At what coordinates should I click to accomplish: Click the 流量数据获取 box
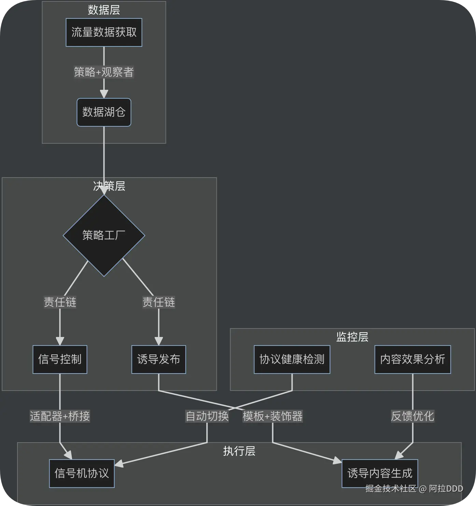click(x=104, y=32)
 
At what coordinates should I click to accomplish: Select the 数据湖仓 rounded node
click(x=104, y=112)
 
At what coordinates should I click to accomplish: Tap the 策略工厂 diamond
click(x=104, y=235)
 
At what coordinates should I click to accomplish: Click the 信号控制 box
click(x=60, y=360)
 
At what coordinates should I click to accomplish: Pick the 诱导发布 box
click(x=159, y=360)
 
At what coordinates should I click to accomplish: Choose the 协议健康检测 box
click(x=292, y=360)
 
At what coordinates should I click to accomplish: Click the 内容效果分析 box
click(x=412, y=360)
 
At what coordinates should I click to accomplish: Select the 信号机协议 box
click(x=82, y=474)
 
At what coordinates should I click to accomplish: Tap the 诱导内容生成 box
click(x=380, y=474)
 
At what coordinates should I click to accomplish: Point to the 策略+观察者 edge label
click(x=104, y=72)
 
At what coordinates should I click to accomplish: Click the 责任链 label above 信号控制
click(x=60, y=302)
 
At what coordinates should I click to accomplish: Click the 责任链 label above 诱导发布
click(x=159, y=302)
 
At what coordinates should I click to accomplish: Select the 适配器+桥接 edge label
click(x=60, y=416)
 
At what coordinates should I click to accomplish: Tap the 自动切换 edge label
click(x=207, y=416)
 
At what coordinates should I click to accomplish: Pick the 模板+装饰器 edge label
click(x=272, y=416)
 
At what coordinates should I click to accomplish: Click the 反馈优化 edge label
click(x=412, y=416)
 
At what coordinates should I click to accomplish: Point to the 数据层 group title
click(x=104, y=10)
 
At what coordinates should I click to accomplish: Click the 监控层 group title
click(x=352, y=337)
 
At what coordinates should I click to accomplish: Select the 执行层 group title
click(x=239, y=451)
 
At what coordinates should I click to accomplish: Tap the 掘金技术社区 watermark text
click(x=391, y=489)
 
